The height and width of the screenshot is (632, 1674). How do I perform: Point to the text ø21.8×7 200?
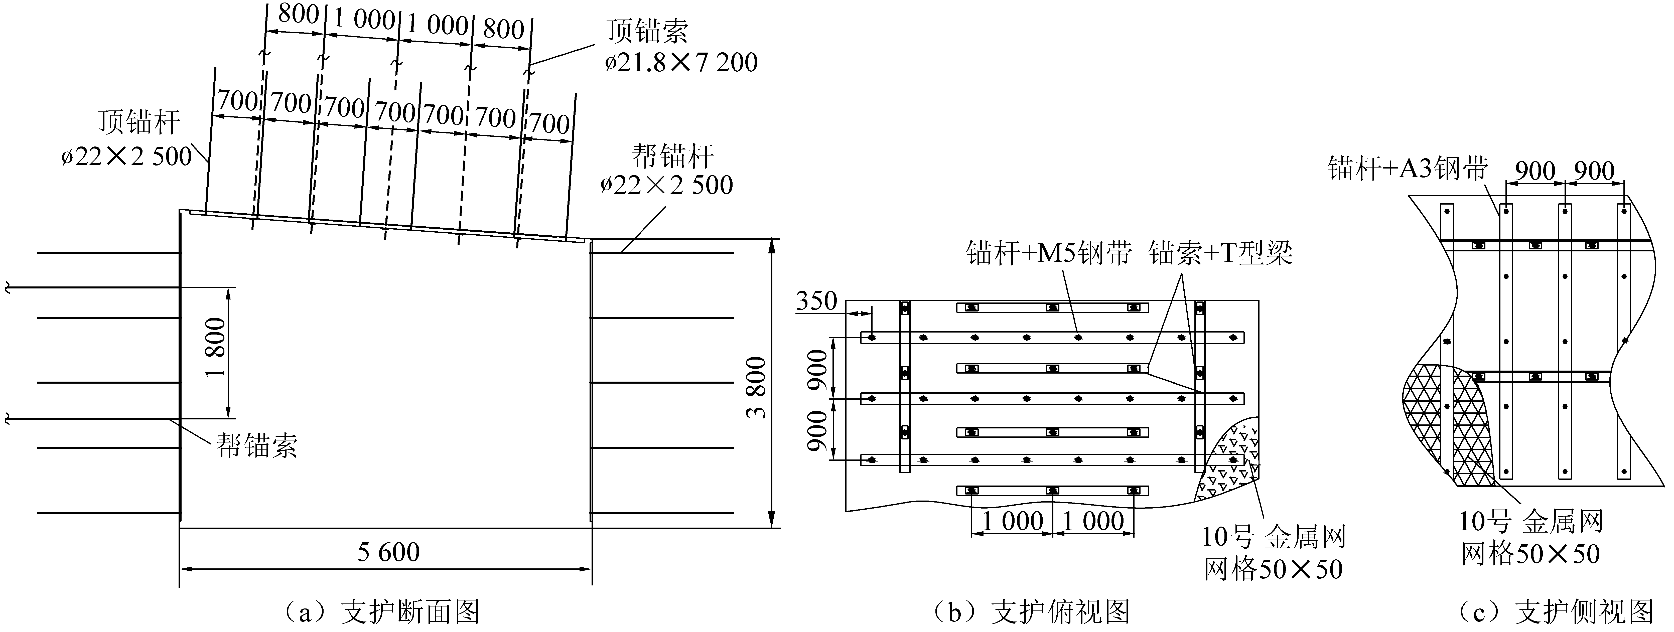[681, 62]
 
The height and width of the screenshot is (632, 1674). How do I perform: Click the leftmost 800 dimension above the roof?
[298, 14]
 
